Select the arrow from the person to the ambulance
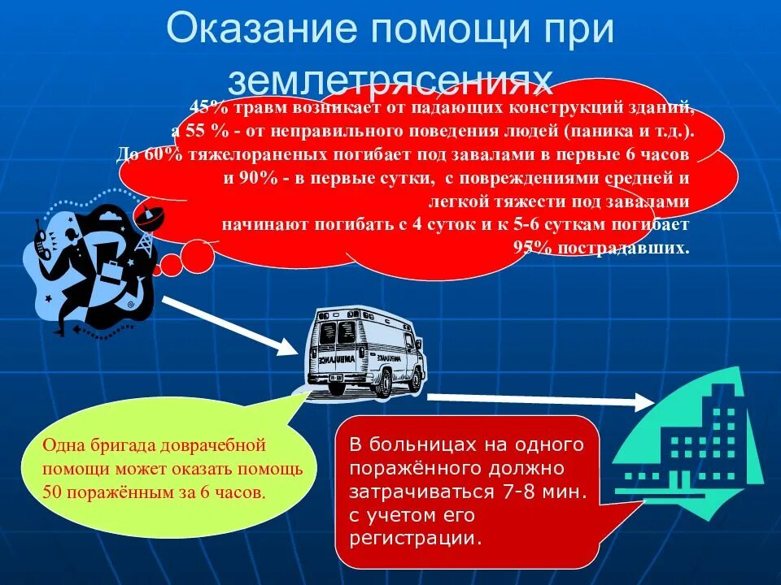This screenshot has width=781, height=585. click(232, 325)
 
